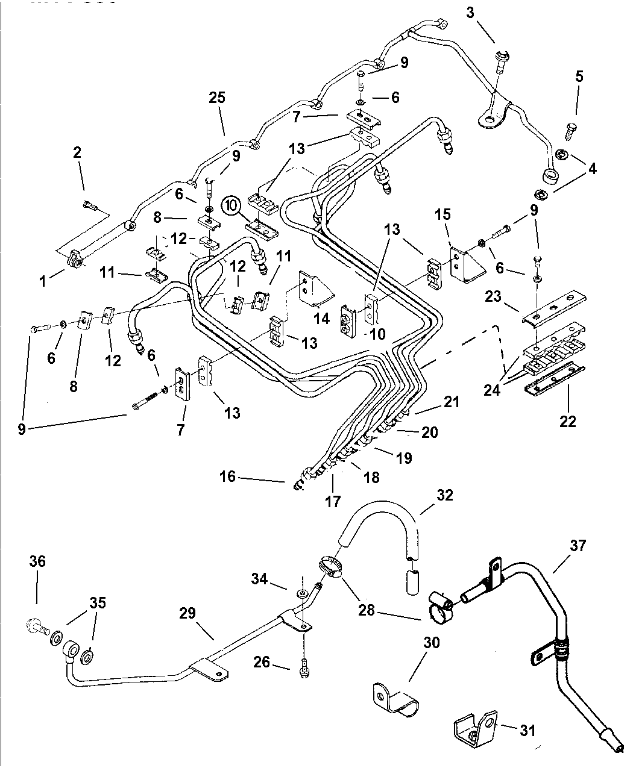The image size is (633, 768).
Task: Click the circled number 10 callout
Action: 230,205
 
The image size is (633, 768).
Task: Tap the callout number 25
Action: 217,98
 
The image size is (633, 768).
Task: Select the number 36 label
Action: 37,561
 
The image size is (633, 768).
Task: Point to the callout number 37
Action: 578,546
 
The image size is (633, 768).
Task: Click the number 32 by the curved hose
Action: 445,495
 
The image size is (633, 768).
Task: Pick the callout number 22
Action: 567,421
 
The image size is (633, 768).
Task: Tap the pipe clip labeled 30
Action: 395,699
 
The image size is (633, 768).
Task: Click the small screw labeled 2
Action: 90,206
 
